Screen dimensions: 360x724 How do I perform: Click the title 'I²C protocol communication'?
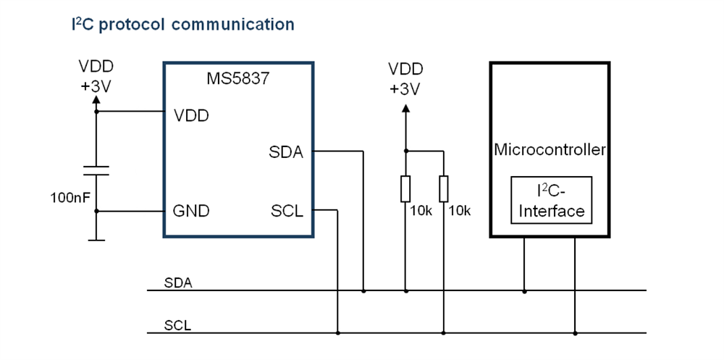182,25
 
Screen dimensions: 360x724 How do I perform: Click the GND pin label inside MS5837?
190,212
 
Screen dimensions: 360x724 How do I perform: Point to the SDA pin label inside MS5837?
286,152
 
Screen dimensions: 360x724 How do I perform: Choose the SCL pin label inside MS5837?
286,212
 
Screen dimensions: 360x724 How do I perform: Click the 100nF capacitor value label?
70,197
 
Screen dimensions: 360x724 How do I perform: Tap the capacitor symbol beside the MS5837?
96,170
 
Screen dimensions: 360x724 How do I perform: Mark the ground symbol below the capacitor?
96,238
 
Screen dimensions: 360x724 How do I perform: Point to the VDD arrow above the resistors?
405,109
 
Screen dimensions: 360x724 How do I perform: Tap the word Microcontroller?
550,150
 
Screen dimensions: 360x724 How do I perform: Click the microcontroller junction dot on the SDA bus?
524,291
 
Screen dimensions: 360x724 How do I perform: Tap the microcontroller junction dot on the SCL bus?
575,333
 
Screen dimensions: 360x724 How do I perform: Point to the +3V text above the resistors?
405,88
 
